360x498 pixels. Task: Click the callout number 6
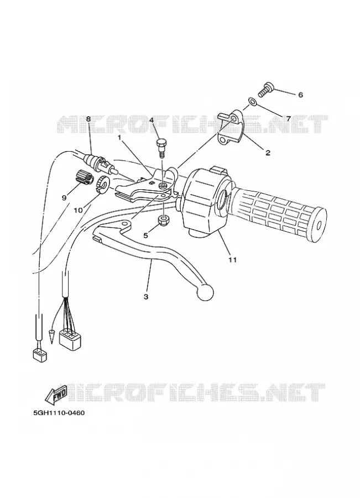pyautogui.click(x=300, y=95)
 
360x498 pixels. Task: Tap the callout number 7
pyautogui.click(x=288, y=119)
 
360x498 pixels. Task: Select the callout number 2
pyautogui.click(x=268, y=153)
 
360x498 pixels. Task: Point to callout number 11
pyautogui.click(x=233, y=260)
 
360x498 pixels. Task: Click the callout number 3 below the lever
pyautogui.click(x=146, y=297)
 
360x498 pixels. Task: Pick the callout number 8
pyautogui.click(x=88, y=119)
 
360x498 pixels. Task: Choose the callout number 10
pyautogui.click(x=78, y=210)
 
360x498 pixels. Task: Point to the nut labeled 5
pyautogui.click(x=163, y=220)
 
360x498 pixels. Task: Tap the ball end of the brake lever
pyautogui.click(x=205, y=293)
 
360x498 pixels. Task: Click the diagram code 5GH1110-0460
pyautogui.click(x=59, y=413)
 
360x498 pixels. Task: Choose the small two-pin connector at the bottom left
pyautogui.click(x=40, y=355)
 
